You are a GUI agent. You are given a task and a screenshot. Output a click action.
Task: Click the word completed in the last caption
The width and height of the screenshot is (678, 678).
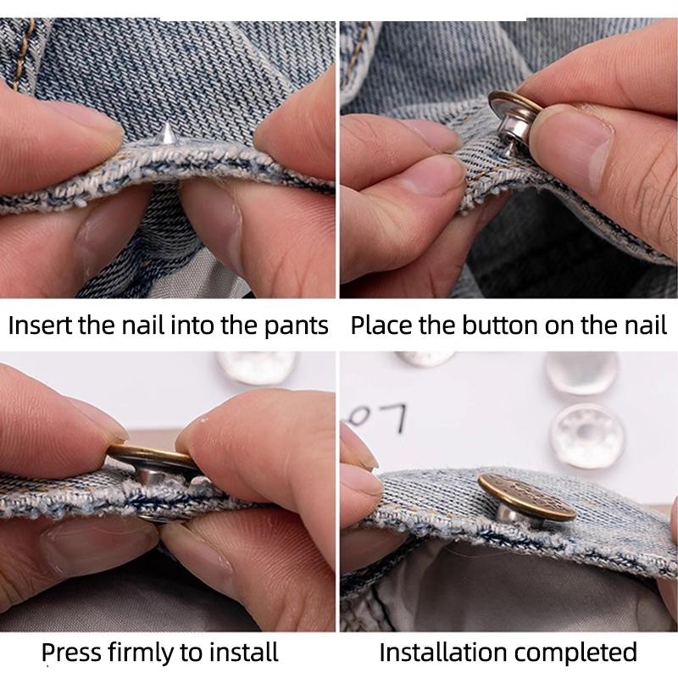(x=586, y=652)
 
